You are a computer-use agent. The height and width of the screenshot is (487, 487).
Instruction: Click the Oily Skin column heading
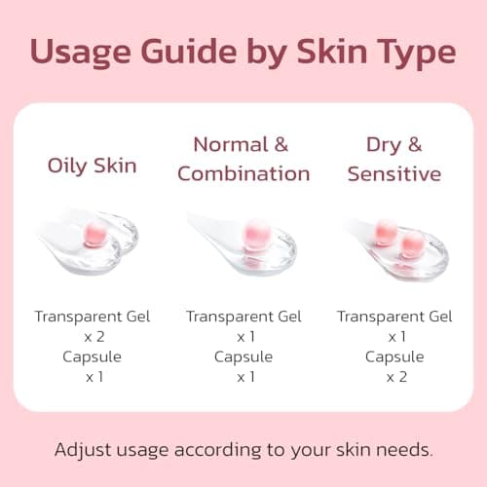point(93,165)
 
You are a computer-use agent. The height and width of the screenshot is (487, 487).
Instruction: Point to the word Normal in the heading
point(229,145)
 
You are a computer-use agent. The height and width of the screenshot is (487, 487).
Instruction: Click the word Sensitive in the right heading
point(394,174)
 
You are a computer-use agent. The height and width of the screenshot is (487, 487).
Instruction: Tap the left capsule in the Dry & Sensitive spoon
point(386,232)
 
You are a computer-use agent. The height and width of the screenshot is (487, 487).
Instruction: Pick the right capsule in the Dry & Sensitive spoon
point(411,243)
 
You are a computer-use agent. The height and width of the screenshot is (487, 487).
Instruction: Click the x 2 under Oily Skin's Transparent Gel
point(93,336)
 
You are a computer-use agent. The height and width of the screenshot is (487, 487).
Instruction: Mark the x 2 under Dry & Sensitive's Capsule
point(394,376)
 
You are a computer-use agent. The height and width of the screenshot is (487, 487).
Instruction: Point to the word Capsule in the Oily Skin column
point(93,356)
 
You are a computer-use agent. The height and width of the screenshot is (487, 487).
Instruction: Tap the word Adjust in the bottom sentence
point(82,451)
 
